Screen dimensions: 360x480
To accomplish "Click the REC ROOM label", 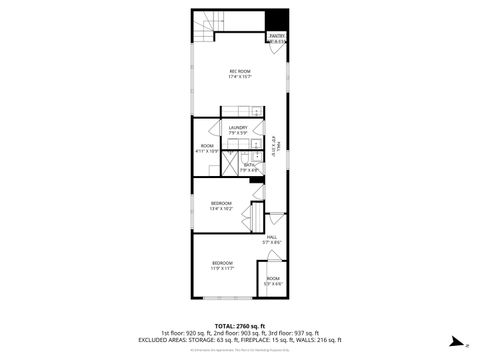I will (240, 72).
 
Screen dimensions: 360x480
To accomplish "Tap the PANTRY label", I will (277, 38).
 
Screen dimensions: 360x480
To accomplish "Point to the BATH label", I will (249, 167).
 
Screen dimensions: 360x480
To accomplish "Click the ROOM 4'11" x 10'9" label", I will (207, 148).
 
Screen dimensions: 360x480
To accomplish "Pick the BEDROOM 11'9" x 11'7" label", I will (222, 264).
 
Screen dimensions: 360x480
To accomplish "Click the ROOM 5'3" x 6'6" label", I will (273, 281).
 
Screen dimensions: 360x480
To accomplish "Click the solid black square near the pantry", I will (277, 19).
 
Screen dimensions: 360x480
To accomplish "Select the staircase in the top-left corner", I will (205, 27).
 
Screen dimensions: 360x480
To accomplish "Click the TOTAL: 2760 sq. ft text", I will (240, 326).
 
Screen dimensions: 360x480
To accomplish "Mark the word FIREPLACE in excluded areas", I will (255, 340).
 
